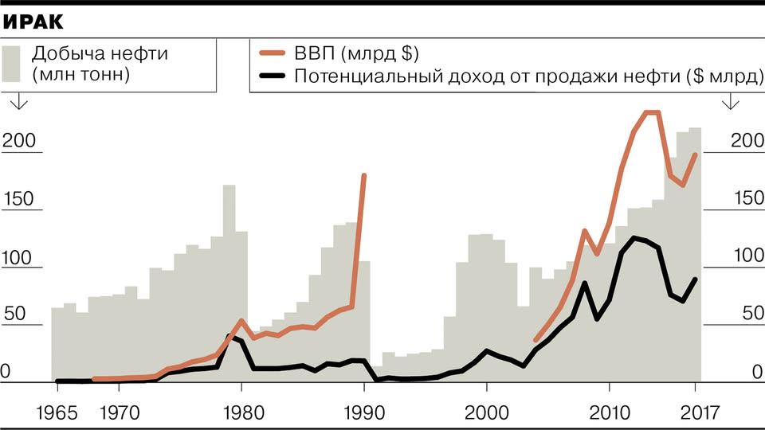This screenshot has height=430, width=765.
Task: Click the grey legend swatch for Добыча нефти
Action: tap(12, 64)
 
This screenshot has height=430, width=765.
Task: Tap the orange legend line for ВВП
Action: tap(273, 54)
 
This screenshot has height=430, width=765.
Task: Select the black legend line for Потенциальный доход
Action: tap(273, 76)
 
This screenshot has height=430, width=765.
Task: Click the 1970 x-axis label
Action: tap(118, 413)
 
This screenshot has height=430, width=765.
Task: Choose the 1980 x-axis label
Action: tap(241, 413)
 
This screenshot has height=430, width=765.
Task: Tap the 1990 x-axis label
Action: tap(363, 413)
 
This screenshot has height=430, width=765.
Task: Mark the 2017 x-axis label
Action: tap(696, 413)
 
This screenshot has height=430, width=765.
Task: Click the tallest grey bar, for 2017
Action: tap(695, 255)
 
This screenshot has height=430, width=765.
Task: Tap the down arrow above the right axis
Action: tap(729, 103)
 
